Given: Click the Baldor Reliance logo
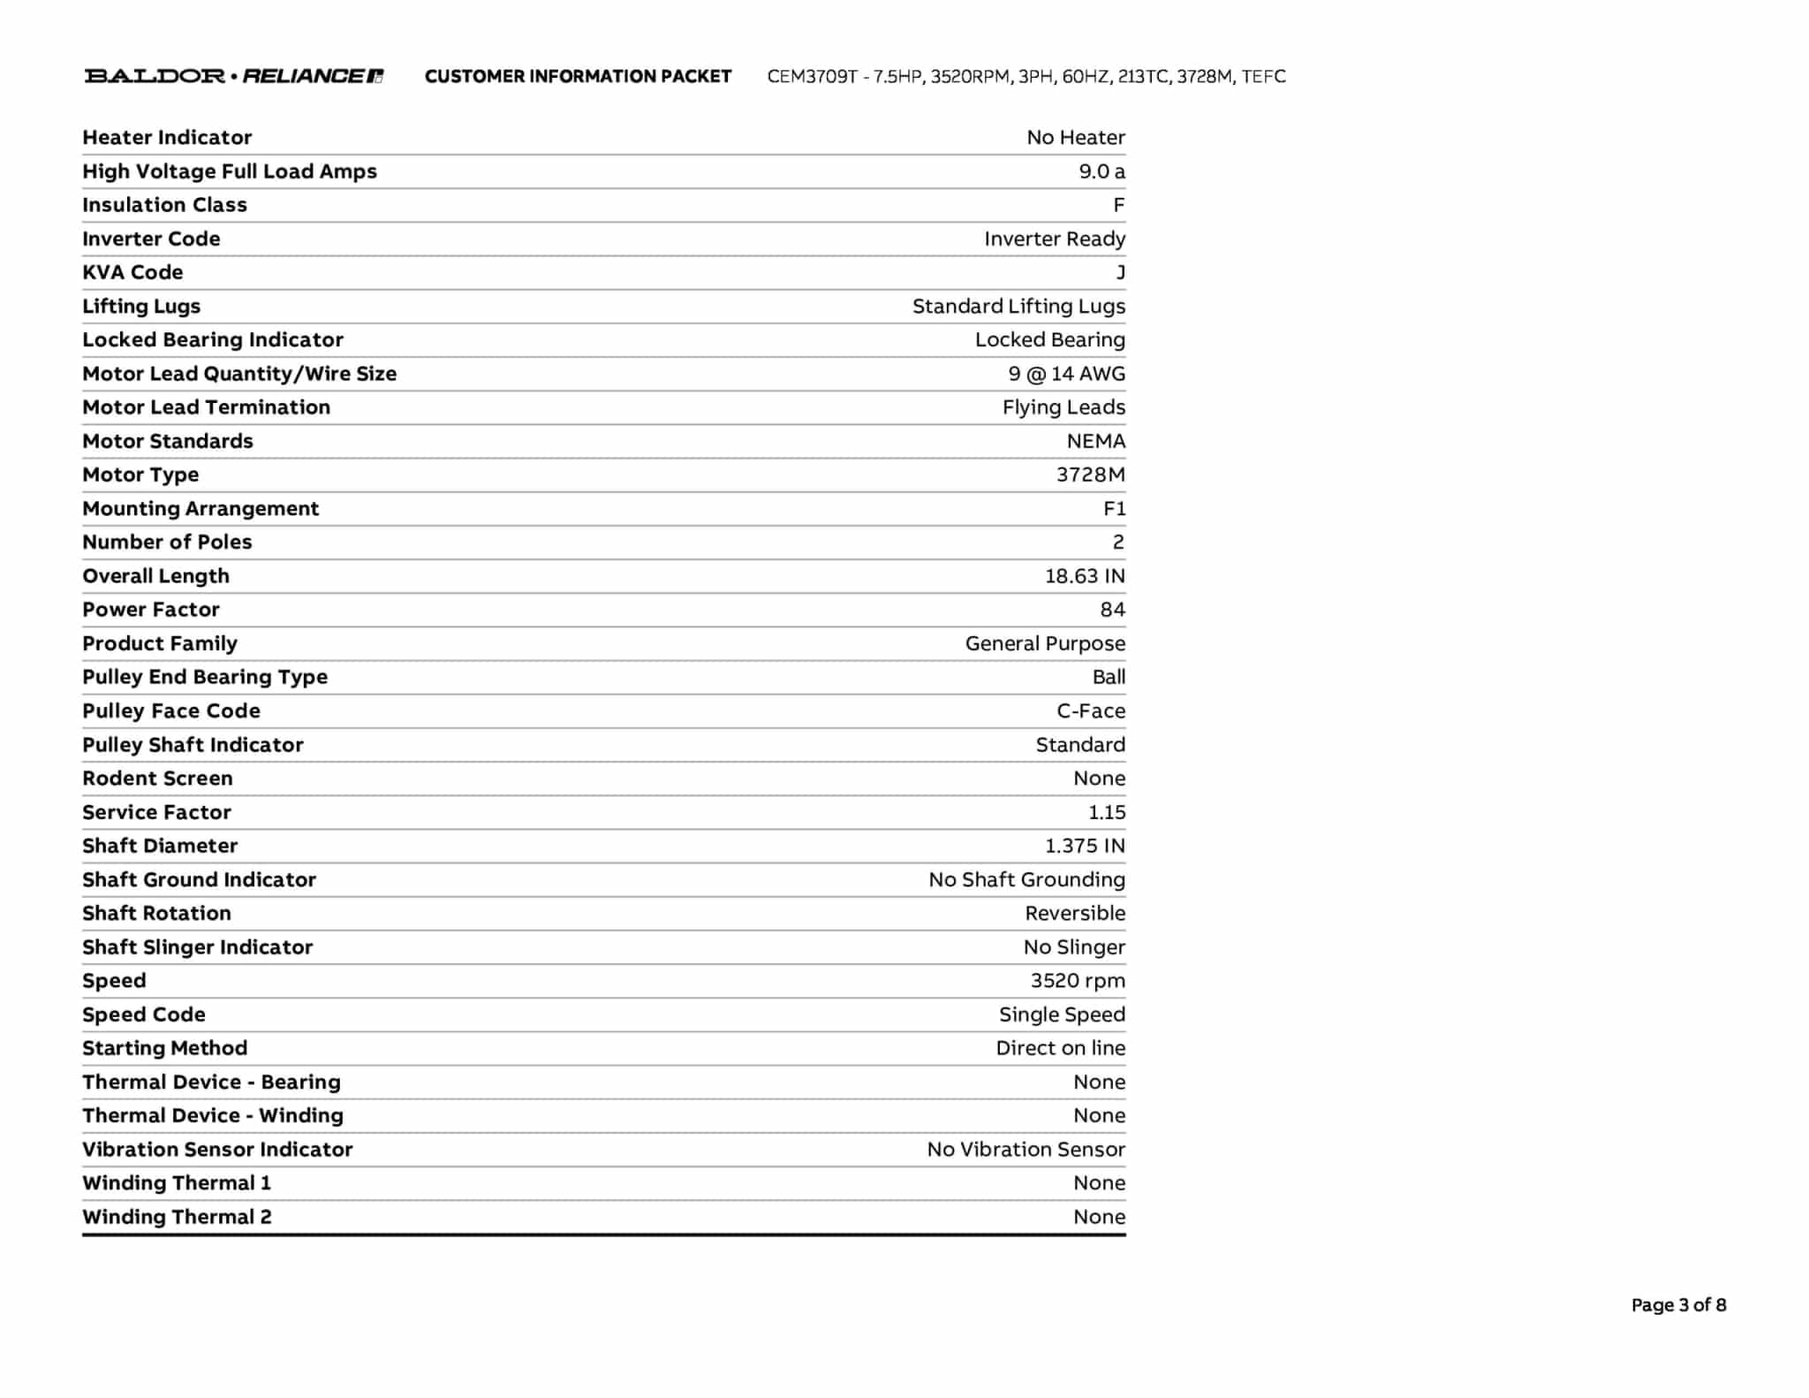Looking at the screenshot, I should tap(233, 76).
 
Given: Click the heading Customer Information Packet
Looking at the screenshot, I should tap(578, 77).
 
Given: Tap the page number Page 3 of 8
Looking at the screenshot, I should tap(1678, 1305).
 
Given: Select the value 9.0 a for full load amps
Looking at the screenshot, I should tap(1101, 171).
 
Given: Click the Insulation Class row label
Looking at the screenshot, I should tap(164, 205).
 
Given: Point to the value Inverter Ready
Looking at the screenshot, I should tap(1055, 239).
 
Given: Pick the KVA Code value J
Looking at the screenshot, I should tap(1120, 272).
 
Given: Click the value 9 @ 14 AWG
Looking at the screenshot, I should tap(1067, 374).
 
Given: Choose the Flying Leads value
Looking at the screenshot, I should tap(1063, 407).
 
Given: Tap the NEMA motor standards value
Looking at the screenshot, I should tap(1095, 441).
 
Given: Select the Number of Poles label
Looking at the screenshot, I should tap(167, 542).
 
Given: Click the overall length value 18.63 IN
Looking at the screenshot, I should tap(1085, 576).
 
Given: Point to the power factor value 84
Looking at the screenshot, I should tap(1112, 610).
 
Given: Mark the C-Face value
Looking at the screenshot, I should tap(1091, 710).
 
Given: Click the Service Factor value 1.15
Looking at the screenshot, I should tap(1107, 812).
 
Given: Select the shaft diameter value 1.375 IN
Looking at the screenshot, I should tap(1085, 846).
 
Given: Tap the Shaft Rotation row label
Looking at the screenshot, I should tap(156, 913).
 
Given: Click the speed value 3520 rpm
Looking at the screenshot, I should tap(1078, 981).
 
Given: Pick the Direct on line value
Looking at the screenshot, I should tap(1060, 1048).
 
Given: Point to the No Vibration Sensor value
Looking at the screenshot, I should tap(1026, 1150).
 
